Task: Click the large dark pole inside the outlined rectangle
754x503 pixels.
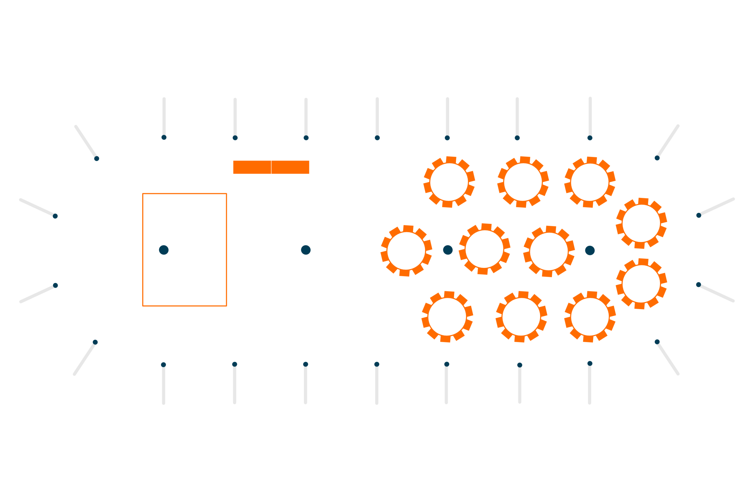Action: pos(164,250)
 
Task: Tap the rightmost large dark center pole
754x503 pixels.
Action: pos(590,250)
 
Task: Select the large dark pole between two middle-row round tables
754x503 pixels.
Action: pos(448,250)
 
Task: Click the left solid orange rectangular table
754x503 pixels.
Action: pos(252,167)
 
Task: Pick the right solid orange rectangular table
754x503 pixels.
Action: pos(290,167)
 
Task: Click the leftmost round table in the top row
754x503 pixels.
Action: pos(449,182)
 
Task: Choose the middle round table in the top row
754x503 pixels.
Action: pos(523,182)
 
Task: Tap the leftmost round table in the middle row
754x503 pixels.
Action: pos(406,251)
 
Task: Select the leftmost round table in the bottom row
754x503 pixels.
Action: pos(447,316)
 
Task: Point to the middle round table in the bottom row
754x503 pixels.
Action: pos(521,316)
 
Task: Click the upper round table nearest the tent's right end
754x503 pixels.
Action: pos(641,223)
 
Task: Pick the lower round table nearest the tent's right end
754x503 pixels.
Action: pos(641,284)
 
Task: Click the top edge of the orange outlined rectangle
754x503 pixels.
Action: pos(185,194)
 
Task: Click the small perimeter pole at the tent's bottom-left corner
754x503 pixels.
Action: pos(95,342)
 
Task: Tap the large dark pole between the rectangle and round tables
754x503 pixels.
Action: pos(306,250)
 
